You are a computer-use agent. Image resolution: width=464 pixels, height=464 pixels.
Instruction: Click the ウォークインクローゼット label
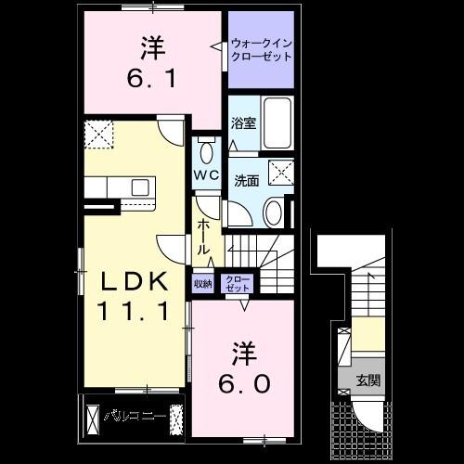261,48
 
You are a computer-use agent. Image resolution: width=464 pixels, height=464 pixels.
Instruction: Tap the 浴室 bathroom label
243,122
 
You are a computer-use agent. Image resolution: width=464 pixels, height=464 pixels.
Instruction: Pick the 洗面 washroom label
246,179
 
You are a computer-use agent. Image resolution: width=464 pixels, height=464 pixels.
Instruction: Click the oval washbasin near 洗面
274,213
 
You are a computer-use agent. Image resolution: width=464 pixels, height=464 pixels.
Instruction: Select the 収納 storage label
203,284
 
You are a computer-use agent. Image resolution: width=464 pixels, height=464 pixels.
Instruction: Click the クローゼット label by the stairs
238,282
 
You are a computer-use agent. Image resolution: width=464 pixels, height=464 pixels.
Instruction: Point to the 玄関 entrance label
368,380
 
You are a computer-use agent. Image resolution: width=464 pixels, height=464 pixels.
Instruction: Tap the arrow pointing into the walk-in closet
221,44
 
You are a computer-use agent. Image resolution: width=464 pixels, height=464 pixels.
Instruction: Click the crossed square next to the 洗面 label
278,173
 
